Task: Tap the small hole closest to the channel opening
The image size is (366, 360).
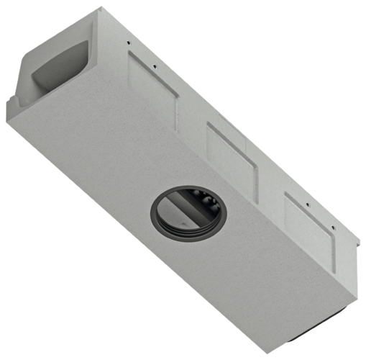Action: click(129, 42)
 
